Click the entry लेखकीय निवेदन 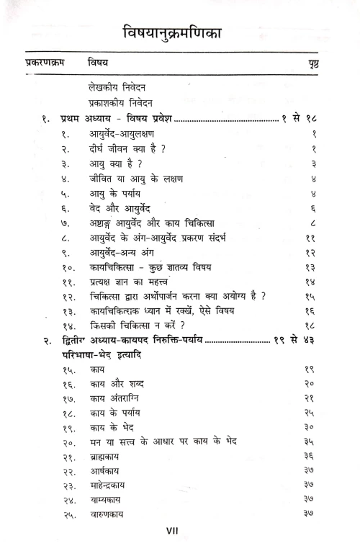pyautogui.click(x=116, y=86)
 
